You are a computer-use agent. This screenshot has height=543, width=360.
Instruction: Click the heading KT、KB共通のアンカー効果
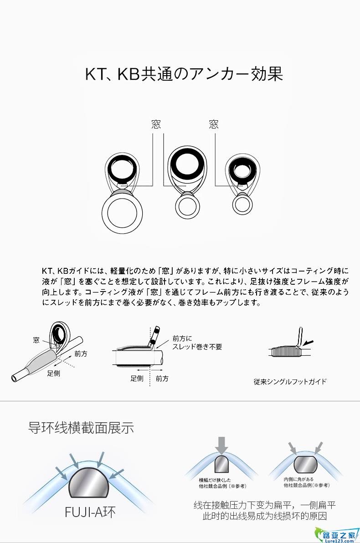(184, 74)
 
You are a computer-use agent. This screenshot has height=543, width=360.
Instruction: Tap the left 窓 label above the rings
(156, 124)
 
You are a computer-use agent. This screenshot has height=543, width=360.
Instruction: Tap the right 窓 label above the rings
(214, 124)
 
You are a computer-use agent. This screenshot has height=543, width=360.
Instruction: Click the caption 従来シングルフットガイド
(290, 382)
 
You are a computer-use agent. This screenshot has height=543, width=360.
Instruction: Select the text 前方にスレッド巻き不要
(197, 343)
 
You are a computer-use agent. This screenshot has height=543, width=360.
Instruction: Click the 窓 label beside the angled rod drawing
(36, 340)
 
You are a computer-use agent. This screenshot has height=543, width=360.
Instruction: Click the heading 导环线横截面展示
(81, 428)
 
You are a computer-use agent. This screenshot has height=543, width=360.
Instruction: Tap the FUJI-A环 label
(90, 512)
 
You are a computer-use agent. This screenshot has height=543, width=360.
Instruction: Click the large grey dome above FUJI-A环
(90, 485)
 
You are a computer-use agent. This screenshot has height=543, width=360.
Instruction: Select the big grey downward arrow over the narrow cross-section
(222, 445)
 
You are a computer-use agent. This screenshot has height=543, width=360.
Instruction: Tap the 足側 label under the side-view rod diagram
(137, 379)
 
